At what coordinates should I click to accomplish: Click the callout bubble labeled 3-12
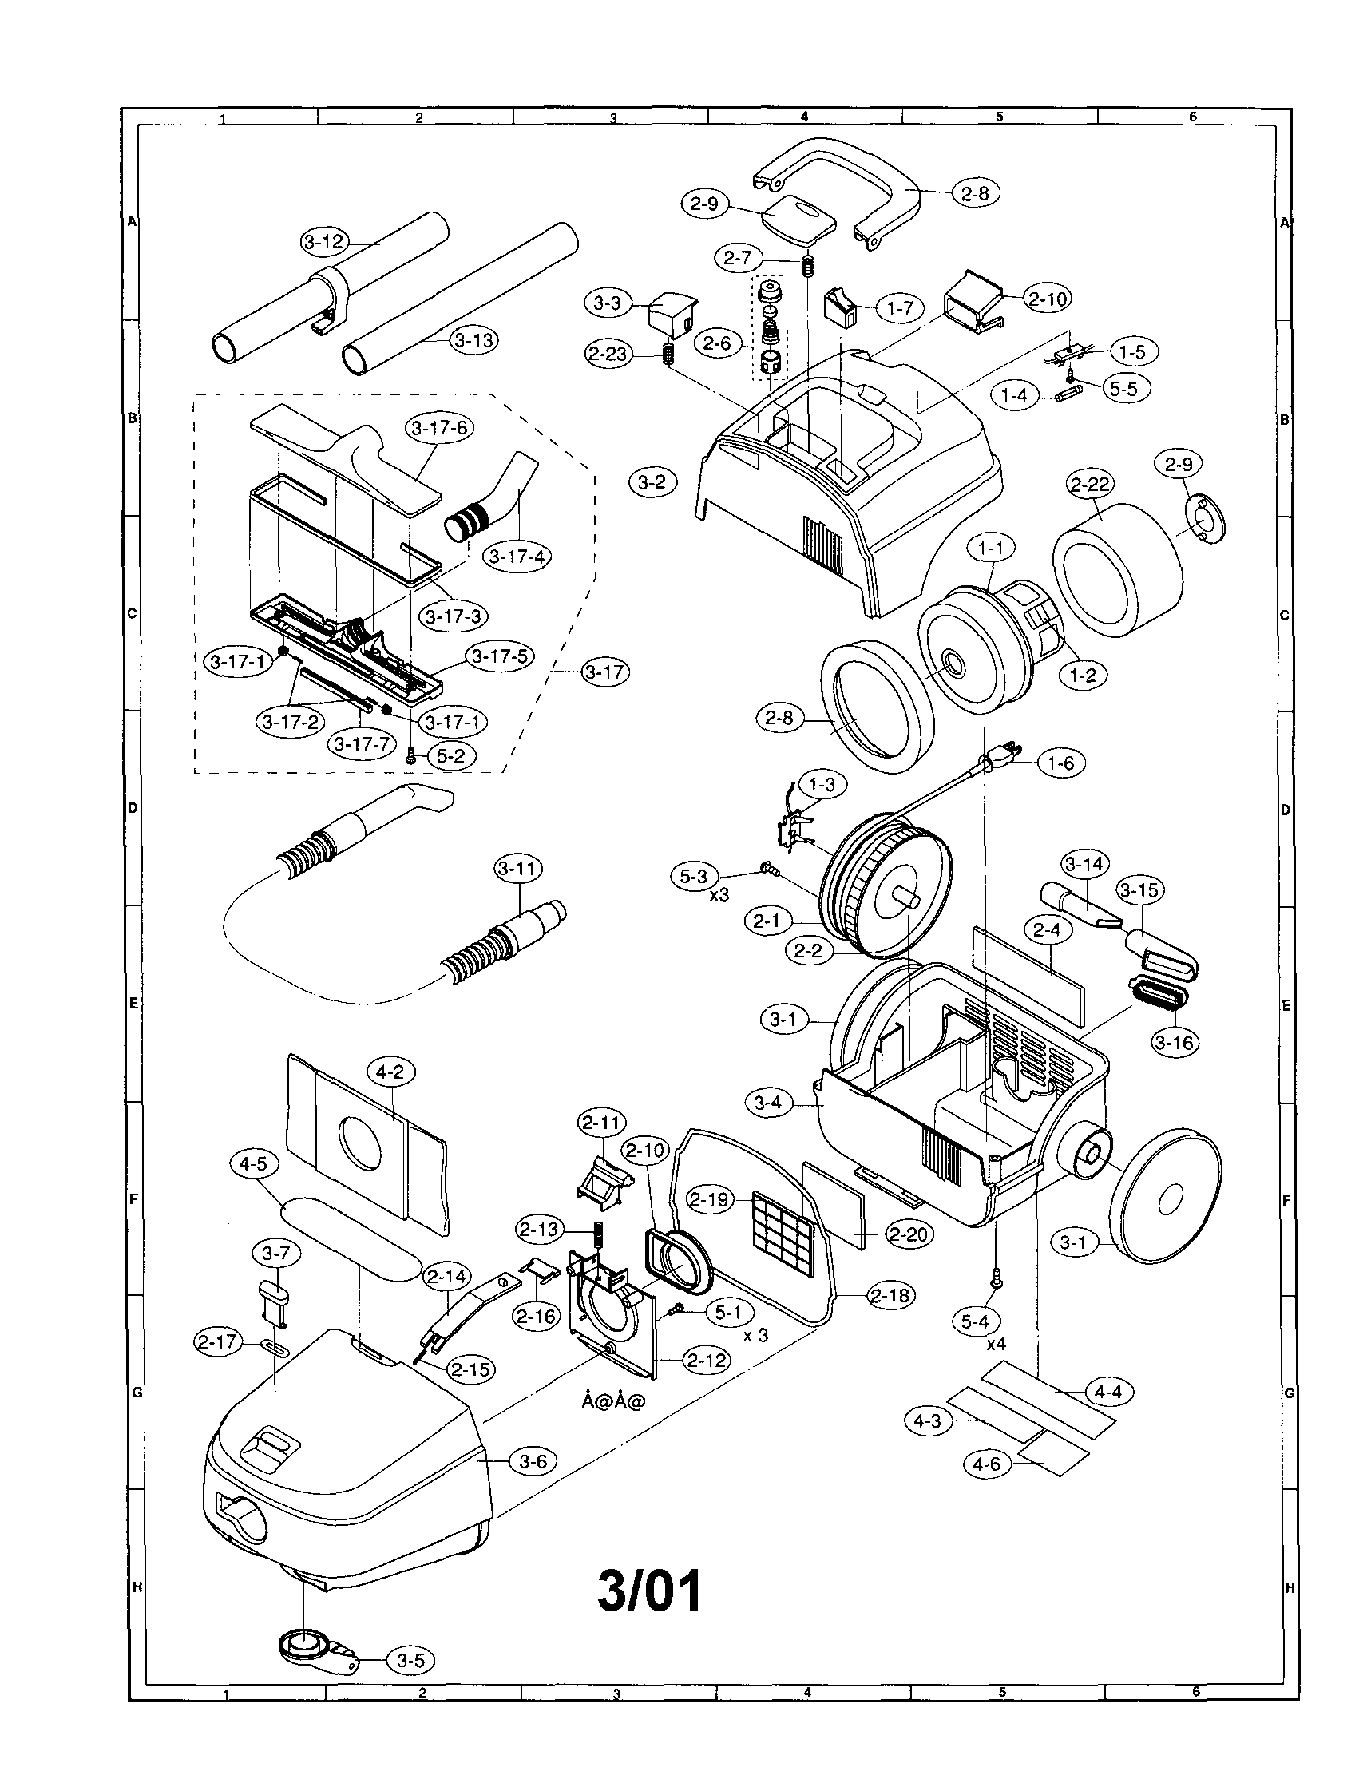click(324, 241)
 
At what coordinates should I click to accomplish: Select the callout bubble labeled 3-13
click(474, 340)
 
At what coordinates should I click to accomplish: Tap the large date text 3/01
click(649, 1591)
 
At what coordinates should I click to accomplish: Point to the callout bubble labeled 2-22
click(1090, 484)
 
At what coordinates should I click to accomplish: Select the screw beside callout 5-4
click(996, 1279)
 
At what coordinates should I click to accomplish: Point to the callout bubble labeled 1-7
click(899, 307)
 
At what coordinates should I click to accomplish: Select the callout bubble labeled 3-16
click(1175, 1042)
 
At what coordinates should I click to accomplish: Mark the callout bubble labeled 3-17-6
click(439, 428)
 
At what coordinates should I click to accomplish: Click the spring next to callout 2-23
click(668, 354)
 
